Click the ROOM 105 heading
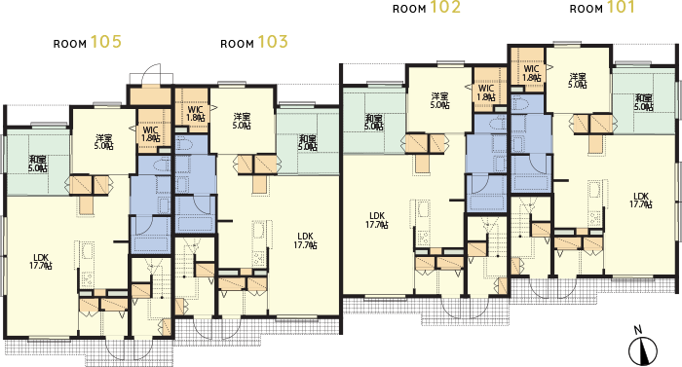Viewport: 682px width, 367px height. [x=88, y=42]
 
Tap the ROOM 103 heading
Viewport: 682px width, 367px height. [x=254, y=42]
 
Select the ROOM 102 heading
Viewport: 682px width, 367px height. [x=427, y=8]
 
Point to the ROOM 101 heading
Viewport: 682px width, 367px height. [x=602, y=8]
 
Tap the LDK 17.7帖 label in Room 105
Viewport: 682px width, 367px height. [x=41, y=261]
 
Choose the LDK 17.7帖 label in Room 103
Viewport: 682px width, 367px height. [x=305, y=240]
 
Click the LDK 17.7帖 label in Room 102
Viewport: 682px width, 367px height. [x=377, y=220]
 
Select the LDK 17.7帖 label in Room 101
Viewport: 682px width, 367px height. [x=641, y=200]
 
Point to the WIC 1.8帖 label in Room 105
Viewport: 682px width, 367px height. [x=150, y=134]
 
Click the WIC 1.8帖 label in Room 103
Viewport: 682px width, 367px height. [x=195, y=113]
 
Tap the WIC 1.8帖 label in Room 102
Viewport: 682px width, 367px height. [x=486, y=92]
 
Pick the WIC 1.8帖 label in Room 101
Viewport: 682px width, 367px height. [x=532, y=73]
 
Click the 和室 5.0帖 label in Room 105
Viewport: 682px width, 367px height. [x=38, y=164]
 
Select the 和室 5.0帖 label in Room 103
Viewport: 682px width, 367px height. [x=308, y=142]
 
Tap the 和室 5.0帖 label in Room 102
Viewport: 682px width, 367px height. [x=374, y=123]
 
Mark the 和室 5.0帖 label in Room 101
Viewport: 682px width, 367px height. [x=643, y=102]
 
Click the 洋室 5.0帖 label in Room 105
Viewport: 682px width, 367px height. [x=104, y=142]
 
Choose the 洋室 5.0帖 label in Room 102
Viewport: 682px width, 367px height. [x=440, y=100]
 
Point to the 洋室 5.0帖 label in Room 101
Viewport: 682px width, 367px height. [x=578, y=81]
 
